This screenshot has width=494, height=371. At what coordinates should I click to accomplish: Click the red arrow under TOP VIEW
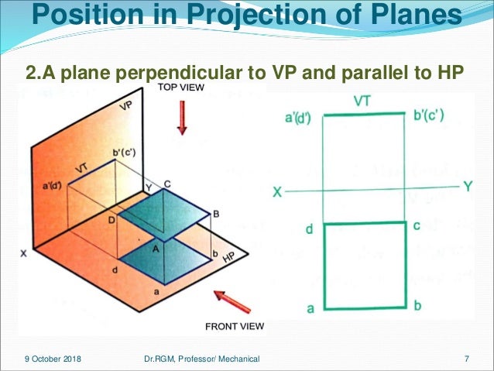182,117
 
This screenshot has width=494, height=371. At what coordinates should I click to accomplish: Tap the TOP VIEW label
183,88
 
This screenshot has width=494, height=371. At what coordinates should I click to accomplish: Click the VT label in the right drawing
362,101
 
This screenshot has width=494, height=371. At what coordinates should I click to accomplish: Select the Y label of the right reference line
466,187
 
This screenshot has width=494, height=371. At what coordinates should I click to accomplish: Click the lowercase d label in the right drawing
309,228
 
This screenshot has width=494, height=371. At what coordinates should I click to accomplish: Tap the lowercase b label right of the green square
417,306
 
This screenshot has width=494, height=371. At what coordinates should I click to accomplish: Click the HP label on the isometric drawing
229,256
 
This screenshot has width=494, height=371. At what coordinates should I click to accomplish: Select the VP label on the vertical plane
126,108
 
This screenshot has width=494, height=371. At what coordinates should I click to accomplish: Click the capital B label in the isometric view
216,214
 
